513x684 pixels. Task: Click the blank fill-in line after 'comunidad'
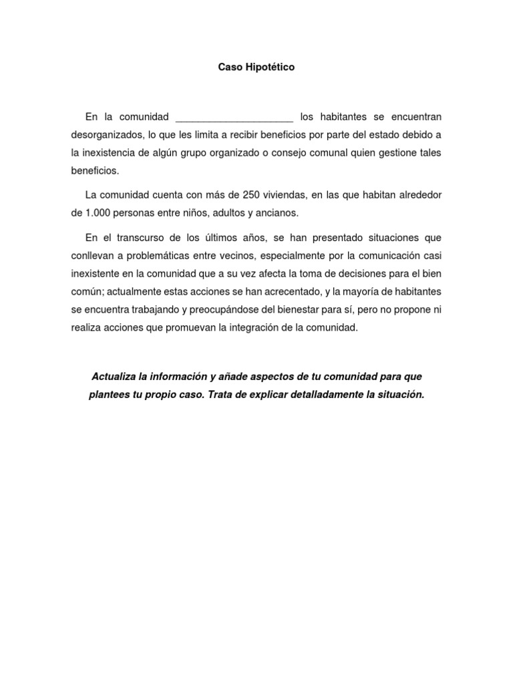[233, 118]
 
